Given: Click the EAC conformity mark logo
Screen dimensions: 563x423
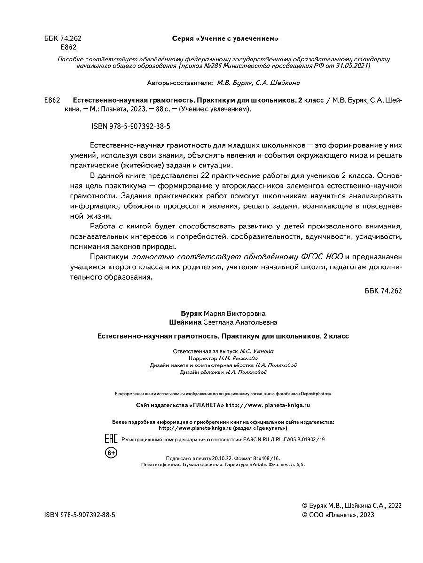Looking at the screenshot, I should pyautogui.click(x=110, y=439).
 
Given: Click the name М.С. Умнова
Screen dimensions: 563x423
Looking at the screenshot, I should pyautogui.click(x=256, y=351).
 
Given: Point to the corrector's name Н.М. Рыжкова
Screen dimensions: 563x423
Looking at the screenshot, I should pyautogui.click(x=238, y=358).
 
